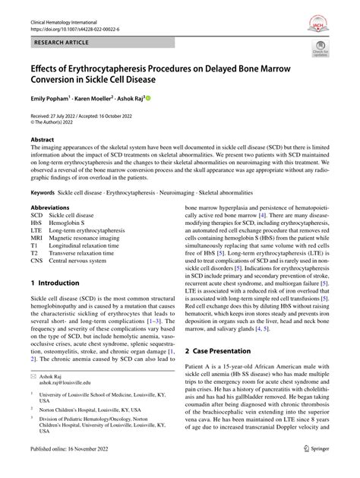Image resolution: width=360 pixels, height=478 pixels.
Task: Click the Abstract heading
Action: [43, 140]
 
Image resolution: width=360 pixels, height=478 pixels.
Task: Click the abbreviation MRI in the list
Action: [37, 237]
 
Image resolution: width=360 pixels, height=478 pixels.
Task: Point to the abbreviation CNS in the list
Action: [37, 260]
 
